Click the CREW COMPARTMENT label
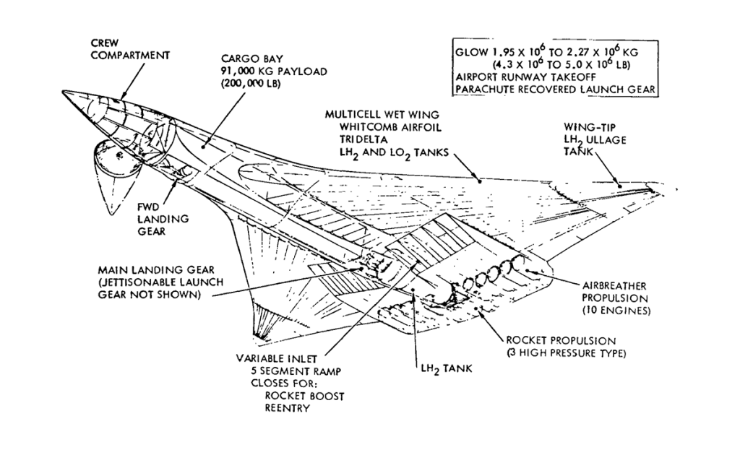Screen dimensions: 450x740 pyautogui.click(x=130, y=49)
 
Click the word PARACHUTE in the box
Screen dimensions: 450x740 pyautogui.click(x=486, y=89)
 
